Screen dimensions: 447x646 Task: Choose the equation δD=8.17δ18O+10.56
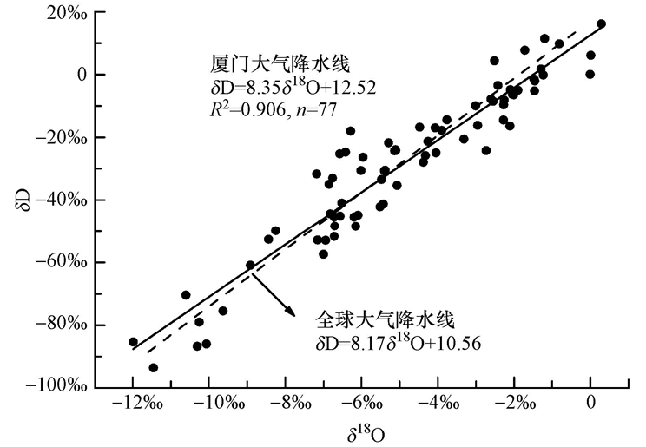tap(399, 342)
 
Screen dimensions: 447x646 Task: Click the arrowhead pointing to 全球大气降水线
tap(288, 309)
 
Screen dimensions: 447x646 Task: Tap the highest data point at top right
tap(601, 24)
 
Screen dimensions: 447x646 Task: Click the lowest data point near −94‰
tap(154, 368)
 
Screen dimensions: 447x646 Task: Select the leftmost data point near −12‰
tap(133, 342)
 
